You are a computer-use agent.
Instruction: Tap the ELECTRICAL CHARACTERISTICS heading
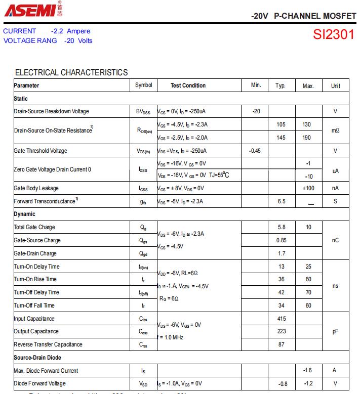coord(71,72)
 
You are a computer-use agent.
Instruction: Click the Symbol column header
coord(143,85)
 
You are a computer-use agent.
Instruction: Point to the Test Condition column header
coord(188,85)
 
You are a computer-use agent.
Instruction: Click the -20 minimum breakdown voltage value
coord(256,111)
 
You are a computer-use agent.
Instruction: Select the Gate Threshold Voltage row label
coord(41,151)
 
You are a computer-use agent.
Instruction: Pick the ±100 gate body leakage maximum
coord(308,188)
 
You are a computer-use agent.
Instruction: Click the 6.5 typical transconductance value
coord(281,201)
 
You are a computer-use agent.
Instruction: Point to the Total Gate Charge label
coord(34,228)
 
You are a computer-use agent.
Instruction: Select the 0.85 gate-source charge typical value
coord(281,240)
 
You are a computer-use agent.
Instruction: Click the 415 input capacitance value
coord(282,319)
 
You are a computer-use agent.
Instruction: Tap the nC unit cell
coord(335,240)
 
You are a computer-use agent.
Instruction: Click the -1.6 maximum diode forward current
coord(307,370)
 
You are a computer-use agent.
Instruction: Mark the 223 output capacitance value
coord(282,331)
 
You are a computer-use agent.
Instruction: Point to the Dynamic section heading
coord(25,214)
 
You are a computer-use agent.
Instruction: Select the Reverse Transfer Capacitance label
coord(48,344)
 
